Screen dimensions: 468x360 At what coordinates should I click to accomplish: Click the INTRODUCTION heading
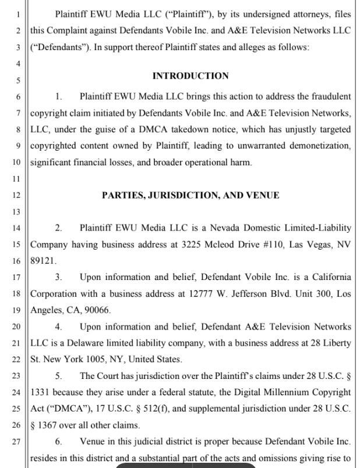point(190,76)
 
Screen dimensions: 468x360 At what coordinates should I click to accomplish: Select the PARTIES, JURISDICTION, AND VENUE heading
point(190,196)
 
